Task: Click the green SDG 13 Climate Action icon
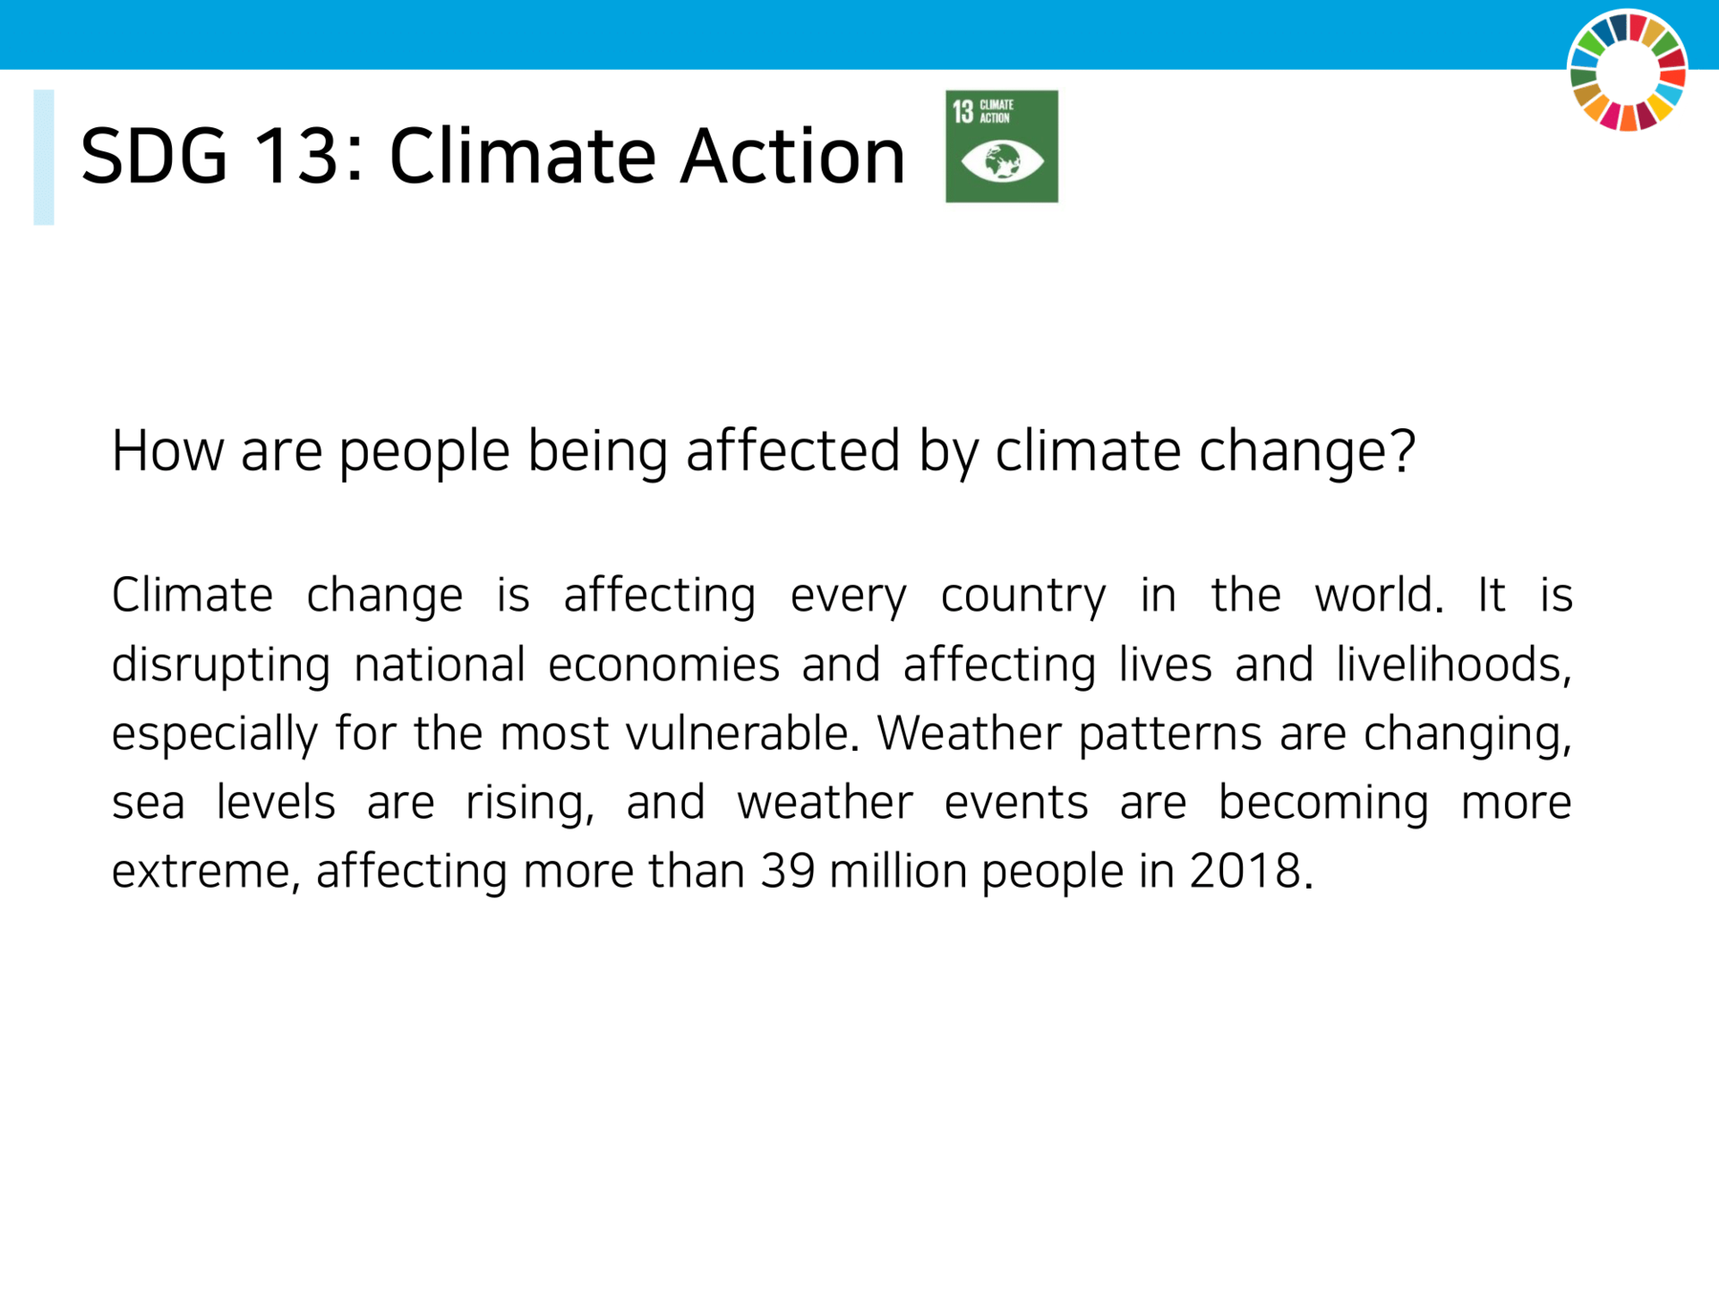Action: (x=1002, y=146)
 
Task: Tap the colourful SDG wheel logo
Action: (x=1628, y=71)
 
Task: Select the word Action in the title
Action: (x=792, y=156)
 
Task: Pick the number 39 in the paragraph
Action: (x=788, y=870)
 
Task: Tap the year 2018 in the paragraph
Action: (x=1244, y=870)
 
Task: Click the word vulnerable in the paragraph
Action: (x=736, y=732)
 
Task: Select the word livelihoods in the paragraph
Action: (x=1453, y=664)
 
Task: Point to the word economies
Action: (x=663, y=665)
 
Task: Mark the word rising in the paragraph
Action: (x=529, y=803)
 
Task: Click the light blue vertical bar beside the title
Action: (x=44, y=157)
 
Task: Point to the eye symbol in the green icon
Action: (x=1002, y=162)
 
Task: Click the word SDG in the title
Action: (x=154, y=156)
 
